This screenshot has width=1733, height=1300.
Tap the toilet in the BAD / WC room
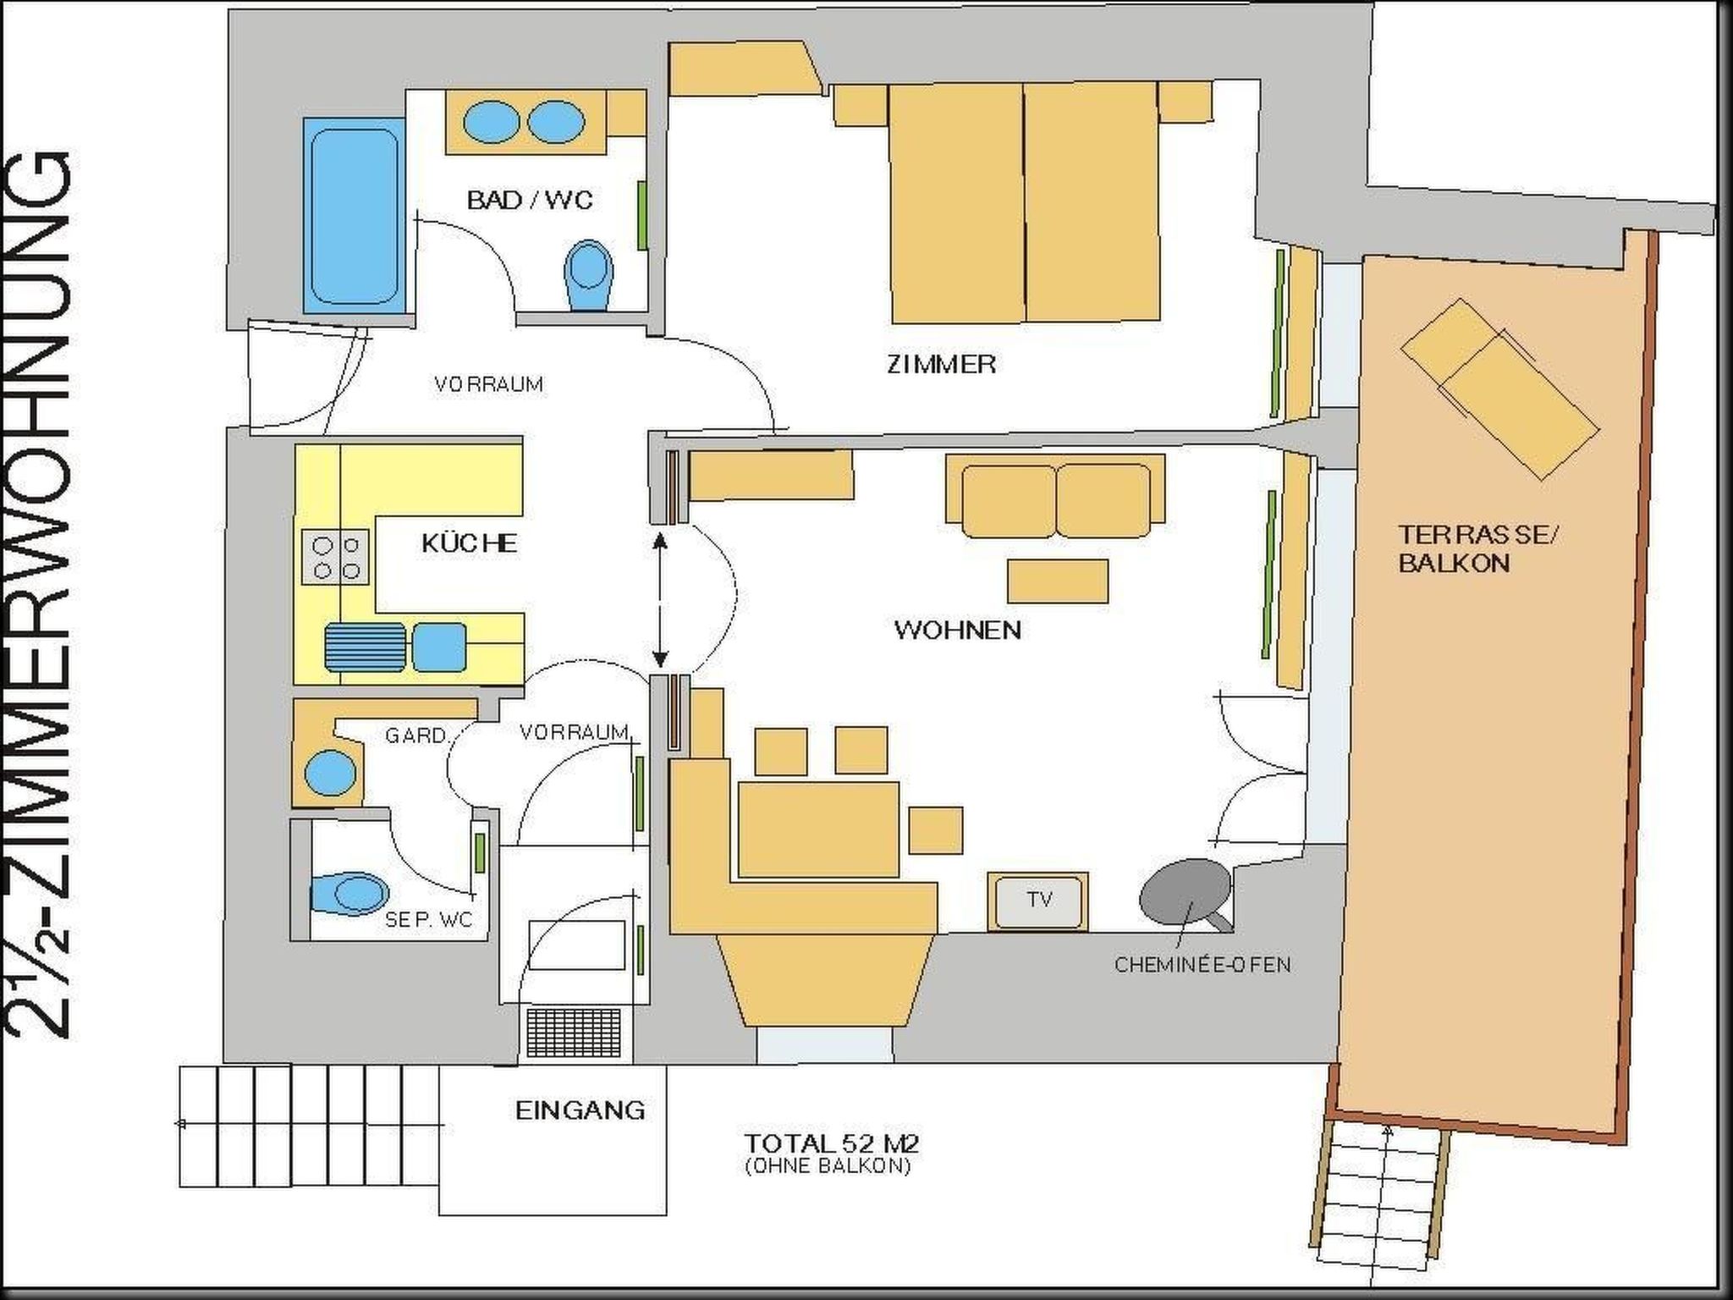(589, 275)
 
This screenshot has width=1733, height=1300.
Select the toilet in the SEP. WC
(349, 894)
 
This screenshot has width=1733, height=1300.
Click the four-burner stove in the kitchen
(335, 557)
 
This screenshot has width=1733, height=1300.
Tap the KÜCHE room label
(469, 543)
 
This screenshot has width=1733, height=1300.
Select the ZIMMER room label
(941, 364)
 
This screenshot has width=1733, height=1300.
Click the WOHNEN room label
(957, 630)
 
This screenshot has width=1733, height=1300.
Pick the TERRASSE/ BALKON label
(1477, 548)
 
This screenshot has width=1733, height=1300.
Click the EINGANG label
(580, 1110)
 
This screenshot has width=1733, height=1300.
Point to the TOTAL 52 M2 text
(831, 1143)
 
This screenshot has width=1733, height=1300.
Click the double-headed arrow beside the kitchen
(660, 598)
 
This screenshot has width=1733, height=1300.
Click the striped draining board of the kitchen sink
(366, 647)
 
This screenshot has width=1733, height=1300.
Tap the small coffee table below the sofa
(1058, 581)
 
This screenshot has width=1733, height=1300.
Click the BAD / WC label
(530, 201)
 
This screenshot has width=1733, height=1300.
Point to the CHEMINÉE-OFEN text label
(1202, 964)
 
